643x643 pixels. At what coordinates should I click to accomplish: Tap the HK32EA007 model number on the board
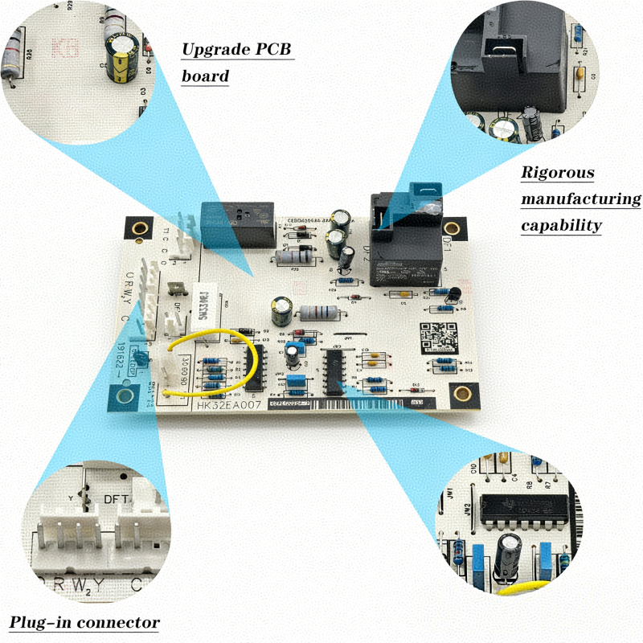(228, 406)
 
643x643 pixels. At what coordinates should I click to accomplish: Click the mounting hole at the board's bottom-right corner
(462, 394)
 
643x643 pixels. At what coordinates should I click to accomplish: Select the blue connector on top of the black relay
(424, 195)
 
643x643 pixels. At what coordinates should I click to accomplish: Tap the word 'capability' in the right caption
(560, 226)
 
